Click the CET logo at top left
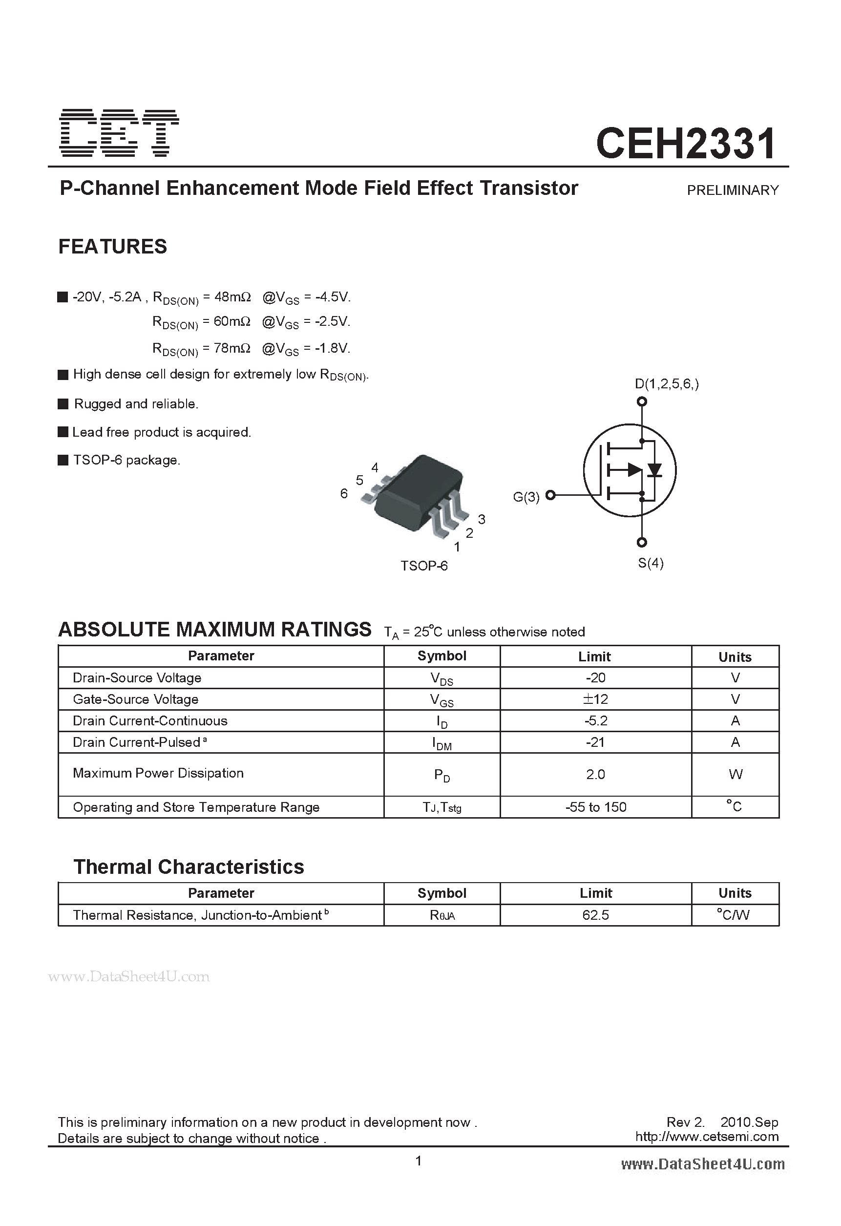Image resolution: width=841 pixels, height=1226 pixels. point(120,133)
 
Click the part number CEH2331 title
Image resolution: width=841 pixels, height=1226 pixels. point(686,143)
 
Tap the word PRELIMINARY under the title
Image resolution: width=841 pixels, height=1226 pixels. point(732,190)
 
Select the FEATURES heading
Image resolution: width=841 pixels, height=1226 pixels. point(112,246)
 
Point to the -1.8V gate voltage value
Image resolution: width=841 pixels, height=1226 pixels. point(333,348)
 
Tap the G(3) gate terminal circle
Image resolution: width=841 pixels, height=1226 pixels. point(550,495)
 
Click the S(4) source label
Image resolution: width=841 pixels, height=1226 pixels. point(651,563)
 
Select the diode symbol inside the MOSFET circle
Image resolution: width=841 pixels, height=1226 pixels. point(655,469)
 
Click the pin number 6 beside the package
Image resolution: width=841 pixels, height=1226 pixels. point(344,493)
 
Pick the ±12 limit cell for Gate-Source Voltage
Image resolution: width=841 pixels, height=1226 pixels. point(595,699)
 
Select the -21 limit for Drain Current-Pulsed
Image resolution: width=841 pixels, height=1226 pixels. point(595,742)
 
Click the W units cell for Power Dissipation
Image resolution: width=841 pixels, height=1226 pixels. point(735,774)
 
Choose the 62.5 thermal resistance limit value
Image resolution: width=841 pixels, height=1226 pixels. point(595,915)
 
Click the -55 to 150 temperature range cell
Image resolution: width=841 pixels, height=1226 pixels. point(595,807)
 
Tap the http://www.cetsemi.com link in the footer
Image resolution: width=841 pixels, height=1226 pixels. point(707,1136)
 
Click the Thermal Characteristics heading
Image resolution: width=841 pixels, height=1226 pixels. point(189,867)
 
